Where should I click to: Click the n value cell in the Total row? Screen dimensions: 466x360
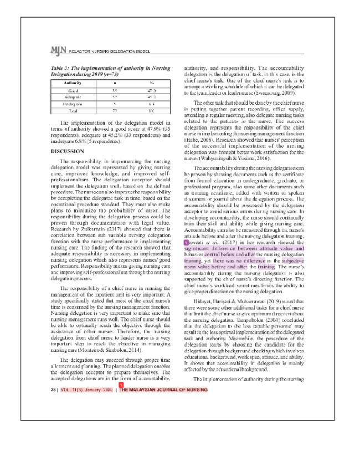(x=114, y=110)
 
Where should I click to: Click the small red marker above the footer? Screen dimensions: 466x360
(x=121, y=384)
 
